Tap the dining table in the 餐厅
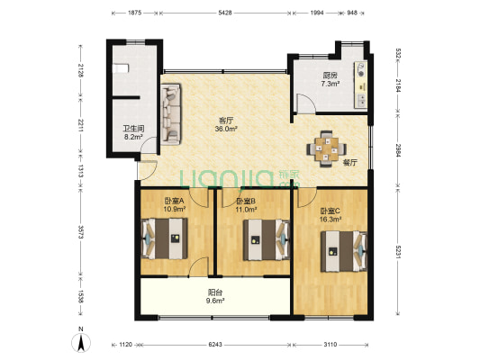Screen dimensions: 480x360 tap(327, 149)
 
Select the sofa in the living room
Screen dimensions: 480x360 tap(171, 114)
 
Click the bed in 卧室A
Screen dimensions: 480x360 tap(165, 238)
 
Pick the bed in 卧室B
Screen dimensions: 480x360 tap(267, 239)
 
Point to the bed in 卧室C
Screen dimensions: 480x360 tap(344, 251)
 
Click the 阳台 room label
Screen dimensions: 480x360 tap(215, 292)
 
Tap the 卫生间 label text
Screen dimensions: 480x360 tap(133, 129)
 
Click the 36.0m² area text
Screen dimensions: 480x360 tap(227, 129)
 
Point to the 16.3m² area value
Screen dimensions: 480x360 tap(331, 219)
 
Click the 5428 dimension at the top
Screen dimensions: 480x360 tap(225, 13)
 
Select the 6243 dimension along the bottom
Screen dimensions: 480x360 tap(215, 345)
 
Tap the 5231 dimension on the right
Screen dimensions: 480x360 tap(398, 252)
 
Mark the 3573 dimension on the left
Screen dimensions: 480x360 tap(81, 233)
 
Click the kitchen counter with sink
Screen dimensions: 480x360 tap(361, 85)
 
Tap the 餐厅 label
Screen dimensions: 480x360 tap(349, 163)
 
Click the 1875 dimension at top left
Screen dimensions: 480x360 tap(134, 13)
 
